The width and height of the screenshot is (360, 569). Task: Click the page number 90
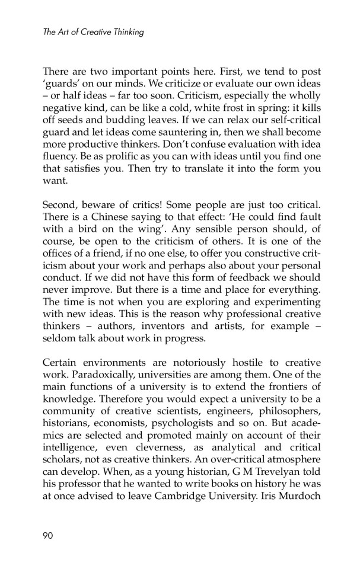click(48, 536)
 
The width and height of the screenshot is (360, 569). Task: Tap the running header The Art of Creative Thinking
click(93, 32)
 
